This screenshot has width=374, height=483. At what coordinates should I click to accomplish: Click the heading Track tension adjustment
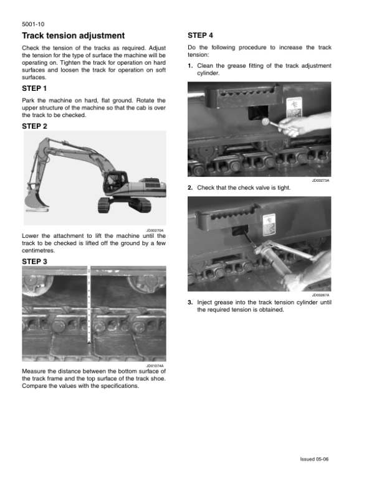coord(73,35)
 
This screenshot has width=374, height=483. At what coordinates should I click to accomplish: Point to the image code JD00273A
coord(322,181)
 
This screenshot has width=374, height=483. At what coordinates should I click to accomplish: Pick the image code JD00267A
coord(322,295)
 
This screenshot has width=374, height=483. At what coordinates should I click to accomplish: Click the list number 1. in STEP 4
coord(190,65)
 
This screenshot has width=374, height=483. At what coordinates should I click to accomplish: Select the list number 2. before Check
coord(190,187)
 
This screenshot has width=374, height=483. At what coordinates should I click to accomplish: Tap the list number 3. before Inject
coord(190,302)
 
